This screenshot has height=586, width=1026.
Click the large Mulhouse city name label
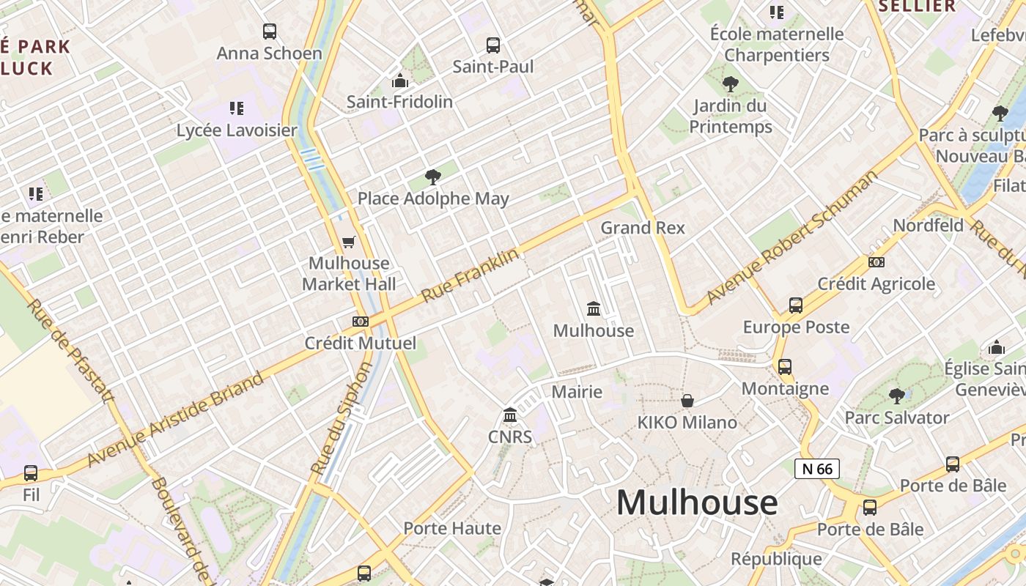pyautogui.click(x=696, y=502)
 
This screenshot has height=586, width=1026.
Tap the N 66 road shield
pyautogui.click(x=817, y=469)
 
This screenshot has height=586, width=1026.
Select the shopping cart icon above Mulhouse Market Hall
pyautogui.click(x=349, y=242)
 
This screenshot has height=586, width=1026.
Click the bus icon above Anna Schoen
pyautogui.click(x=270, y=31)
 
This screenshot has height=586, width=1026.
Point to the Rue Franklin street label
pyautogui.click(x=470, y=275)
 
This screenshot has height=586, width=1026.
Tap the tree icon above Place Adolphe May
pyautogui.click(x=433, y=177)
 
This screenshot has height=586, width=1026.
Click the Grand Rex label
pyautogui.click(x=643, y=228)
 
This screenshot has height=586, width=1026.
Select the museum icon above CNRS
pyautogui.click(x=510, y=416)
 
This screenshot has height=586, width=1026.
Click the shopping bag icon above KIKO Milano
pyautogui.click(x=687, y=401)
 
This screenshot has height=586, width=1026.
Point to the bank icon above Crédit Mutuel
pyautogui.click(x=360, y=321)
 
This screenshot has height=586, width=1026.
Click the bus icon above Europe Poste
pyautogui.click(x=796, y=305)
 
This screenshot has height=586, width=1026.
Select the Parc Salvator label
pyautogui.click(x=897, y=418)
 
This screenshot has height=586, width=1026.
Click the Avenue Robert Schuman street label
pyautogui.click(x=792, y=238)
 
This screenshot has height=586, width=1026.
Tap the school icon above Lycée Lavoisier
pyautogui.click(x=237, y=108)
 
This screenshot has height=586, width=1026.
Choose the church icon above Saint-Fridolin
pyautogui.click(x=399, y=80)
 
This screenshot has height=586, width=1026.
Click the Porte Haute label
pyautogui.click(x=452, y=528)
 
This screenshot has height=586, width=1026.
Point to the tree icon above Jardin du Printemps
pyautogui.click(x=730, y=84)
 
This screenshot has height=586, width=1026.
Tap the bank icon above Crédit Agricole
pyautogui.click(x=876, y=262)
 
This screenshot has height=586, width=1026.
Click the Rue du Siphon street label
pyautogui.click(x=342, y=418)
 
